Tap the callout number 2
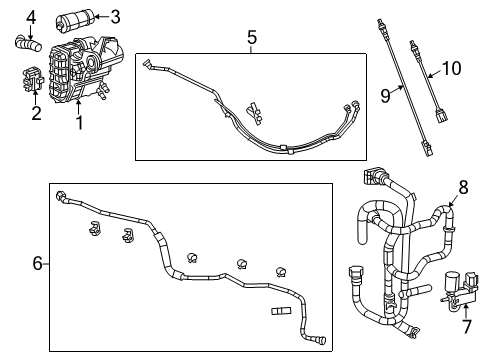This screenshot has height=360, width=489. (x=36, y=113)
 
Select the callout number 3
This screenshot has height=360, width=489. (x=115, y=16)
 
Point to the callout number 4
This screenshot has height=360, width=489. (x=31, y=17)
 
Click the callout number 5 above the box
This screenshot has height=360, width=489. (x=252, y=37)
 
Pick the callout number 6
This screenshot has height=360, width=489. (x=38, y=263)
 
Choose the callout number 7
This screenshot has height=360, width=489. (x=465, y=327)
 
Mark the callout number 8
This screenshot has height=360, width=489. (x=462, y=186)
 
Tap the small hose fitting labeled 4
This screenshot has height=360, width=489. (x=28, y=42)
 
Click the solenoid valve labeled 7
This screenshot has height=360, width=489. (x=456, y=286)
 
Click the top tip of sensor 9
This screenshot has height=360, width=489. (x=381, y=22)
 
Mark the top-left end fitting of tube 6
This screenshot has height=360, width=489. (x=62, y=195)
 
